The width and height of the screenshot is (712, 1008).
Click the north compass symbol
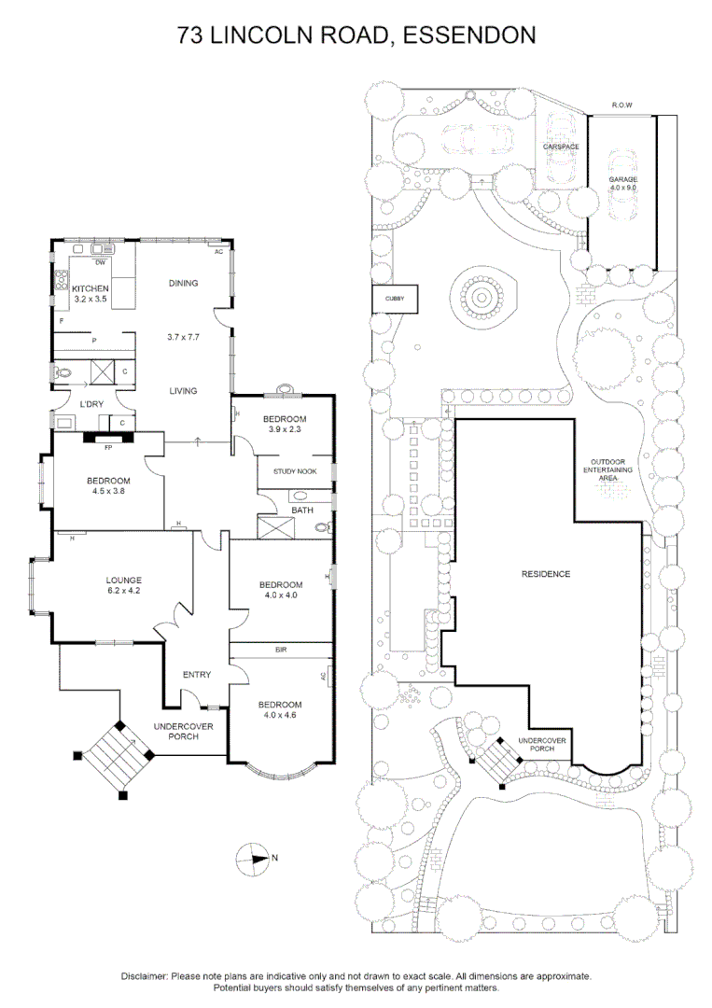click(253, 857)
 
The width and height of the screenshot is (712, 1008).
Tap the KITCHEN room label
click(91, 294)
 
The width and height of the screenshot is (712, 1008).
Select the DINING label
click(183, 283)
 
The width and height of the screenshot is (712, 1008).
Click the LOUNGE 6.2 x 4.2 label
click(123, 585)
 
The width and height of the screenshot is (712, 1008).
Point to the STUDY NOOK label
click(295, 471)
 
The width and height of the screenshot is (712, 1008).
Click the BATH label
click(302, 511)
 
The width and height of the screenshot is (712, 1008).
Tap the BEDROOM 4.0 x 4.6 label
click(281, 709)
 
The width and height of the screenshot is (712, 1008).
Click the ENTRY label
click(196, 675)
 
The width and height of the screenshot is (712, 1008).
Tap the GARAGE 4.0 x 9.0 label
click(622, 183)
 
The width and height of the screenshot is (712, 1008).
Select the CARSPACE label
click(562, 147)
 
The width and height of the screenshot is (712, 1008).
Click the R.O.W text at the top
click(622, 105)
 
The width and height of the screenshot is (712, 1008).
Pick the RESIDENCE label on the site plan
click(545, 574)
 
